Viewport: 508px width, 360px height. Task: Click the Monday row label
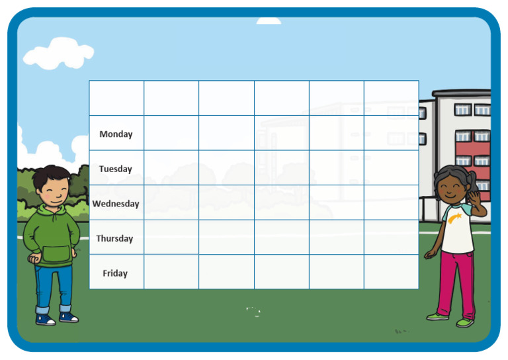coord(116,134)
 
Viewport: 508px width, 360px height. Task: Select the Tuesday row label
coord(116,169)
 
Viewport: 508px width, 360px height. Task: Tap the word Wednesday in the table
coord(116,204)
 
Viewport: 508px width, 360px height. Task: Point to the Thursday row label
coord(115,238)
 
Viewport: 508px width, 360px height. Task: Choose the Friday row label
coord(115,273)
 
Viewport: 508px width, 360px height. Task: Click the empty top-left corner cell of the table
coord(116,98)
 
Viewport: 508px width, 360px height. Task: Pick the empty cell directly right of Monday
coord(171,133)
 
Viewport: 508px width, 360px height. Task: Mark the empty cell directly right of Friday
coord(171,272)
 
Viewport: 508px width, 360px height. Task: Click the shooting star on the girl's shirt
coord(455,218)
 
